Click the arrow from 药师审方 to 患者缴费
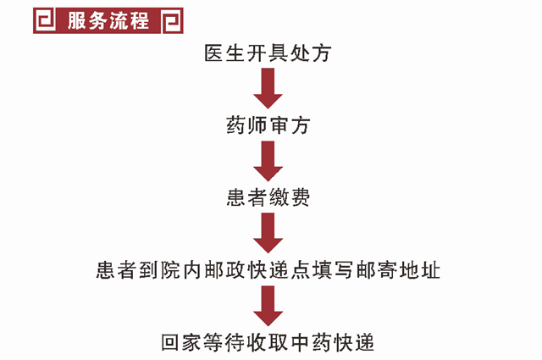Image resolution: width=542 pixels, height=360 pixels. (x=268, y=162)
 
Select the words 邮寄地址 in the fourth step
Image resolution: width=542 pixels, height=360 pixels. (x=400, y=271)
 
